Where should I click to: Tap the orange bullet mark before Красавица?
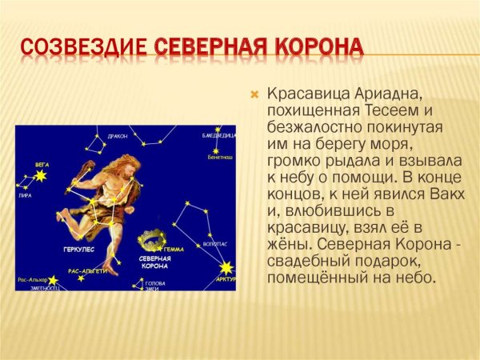[x=255, y=94]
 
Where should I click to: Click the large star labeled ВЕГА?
[x=39, y=174]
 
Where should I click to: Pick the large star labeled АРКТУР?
[x=227, y=268]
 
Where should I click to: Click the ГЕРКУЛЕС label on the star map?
[x=79, y=250]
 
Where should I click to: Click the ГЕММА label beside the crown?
[x=174, y=250]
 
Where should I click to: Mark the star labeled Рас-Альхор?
[x=53, y=280]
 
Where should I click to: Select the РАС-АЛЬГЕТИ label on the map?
[x=88, y=271]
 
